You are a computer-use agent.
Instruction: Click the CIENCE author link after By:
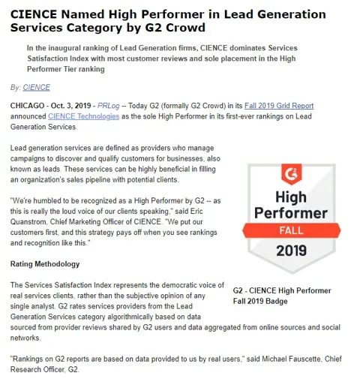(x=37, y=87)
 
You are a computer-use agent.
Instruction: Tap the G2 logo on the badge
(x=291, y=176)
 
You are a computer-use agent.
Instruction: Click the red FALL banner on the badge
(x=291, y=229)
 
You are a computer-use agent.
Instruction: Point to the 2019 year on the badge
(x=291, y=250)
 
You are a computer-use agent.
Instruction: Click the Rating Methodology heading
(x=45, y=264)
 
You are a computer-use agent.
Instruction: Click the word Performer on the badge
(x=291, y=212)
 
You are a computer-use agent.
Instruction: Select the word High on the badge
(x=291, y=197)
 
